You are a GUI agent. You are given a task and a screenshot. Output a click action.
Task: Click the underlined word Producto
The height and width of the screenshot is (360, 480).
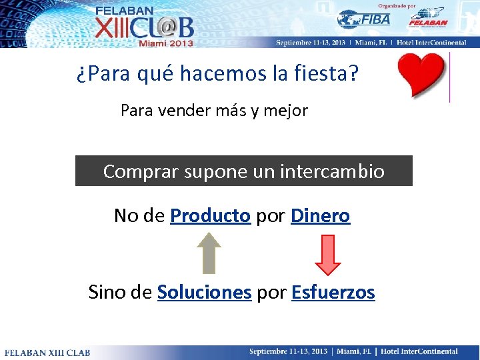coord(210,216)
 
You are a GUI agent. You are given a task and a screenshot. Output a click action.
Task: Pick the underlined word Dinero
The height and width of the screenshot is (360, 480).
coord(320,216)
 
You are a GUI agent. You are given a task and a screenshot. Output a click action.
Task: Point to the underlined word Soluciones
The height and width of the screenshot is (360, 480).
coord(204,293)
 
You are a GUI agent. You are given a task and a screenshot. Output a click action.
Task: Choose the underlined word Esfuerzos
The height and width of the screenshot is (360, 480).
coord(333,293)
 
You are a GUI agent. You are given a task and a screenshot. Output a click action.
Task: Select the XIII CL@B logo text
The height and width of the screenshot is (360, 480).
coord(143,27)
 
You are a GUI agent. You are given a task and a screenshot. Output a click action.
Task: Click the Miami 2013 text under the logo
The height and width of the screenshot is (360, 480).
coord(165,43)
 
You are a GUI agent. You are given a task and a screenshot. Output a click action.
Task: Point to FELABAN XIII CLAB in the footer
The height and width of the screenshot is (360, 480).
coord(47,352)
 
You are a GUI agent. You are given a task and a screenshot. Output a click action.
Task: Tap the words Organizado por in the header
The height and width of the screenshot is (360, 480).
coord(401,5)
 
